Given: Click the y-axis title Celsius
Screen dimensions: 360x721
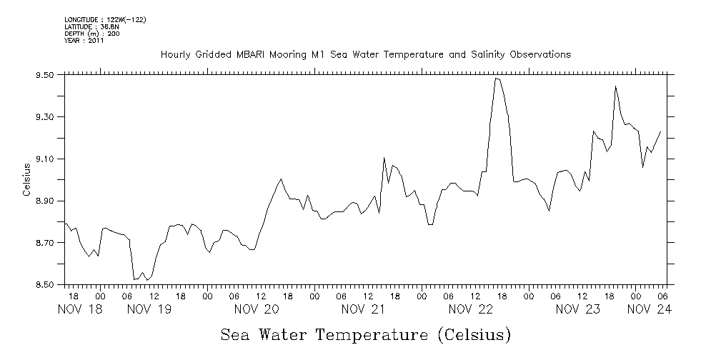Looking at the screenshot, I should [x=26, y=180].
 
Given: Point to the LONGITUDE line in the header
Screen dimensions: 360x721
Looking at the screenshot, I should [x=105, y=20].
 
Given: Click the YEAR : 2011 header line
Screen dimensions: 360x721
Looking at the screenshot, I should [x=84, y=41].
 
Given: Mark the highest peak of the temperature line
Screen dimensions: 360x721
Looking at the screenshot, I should [x=496, y=79].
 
